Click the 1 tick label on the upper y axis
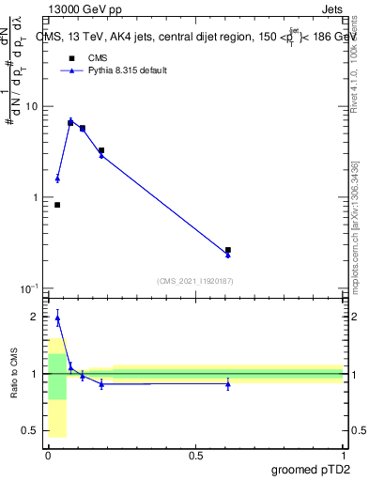[35, 197]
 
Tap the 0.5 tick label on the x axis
[195, 455]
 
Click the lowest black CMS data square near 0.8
[57, 205]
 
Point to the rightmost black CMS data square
[228, 250]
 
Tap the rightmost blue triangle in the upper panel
[228, 255]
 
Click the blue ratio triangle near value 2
[57, 318]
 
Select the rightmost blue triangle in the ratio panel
[228, 383]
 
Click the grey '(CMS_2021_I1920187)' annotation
[194, 281]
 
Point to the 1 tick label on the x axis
[343, 455]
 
